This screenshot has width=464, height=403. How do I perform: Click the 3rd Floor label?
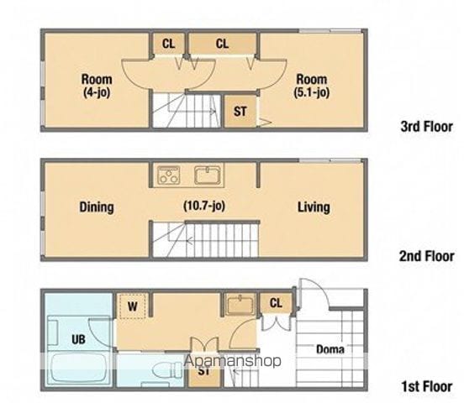427,127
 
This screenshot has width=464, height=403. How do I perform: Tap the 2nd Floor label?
427,256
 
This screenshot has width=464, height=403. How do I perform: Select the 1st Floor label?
427,386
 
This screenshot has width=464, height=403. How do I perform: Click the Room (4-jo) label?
97,86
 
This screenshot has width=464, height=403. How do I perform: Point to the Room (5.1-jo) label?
312,86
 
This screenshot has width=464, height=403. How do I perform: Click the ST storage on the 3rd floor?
240,111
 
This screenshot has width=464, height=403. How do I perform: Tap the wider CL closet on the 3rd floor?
222,44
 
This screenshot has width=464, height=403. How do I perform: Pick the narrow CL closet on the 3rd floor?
169,44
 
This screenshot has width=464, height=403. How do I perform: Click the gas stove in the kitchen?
169,175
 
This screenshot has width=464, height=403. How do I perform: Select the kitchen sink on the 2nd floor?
208,175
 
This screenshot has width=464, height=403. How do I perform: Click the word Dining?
97,207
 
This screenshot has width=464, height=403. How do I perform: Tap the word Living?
314,207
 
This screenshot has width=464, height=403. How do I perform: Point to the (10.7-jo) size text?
204,206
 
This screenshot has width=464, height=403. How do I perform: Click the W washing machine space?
133,306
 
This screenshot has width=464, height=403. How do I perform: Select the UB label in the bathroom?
78,339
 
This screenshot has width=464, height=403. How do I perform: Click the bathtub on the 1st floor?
78,368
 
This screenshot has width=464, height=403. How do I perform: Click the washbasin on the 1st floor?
240,304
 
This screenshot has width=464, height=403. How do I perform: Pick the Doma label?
330,349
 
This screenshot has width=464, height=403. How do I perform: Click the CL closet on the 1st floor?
276,303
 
